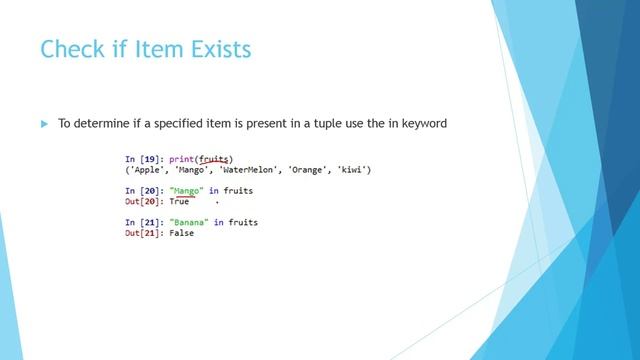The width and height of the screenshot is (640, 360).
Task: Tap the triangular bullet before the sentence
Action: tap(44, 124)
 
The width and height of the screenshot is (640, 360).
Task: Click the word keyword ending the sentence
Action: tap(419, 124)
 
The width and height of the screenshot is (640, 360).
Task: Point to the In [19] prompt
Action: tap(145, 159)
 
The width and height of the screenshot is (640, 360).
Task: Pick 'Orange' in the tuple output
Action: tap(314, 170)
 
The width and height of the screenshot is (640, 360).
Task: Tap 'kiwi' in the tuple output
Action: tap(355, 170)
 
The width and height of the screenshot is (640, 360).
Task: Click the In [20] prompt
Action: tap(145, 190)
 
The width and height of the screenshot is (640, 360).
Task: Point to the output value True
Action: tap(178, 201)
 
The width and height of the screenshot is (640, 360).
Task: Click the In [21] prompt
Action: tap(145, 222)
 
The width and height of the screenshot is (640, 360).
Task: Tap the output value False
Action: tap(181, 233)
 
